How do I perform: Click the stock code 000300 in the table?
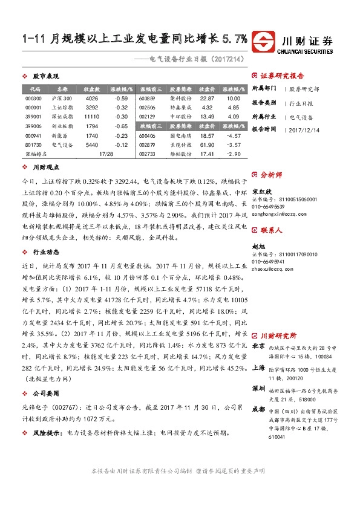point(34,98)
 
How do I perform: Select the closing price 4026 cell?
point(91,98)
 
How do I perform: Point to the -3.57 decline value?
point(234,145)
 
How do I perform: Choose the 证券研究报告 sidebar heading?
point(282,76)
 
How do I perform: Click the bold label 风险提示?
point(47,433)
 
